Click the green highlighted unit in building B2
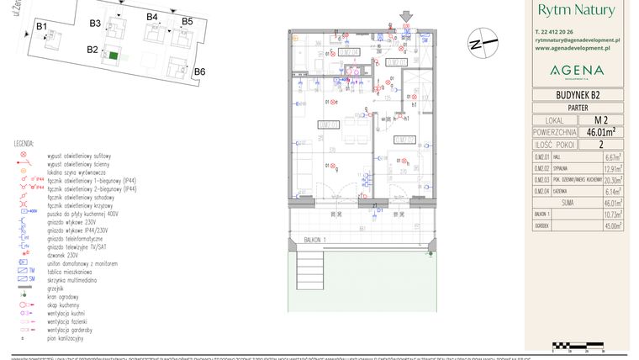pyautogui.click(x=114, y=56)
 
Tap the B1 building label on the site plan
pyautogui.click(x=41, y=27)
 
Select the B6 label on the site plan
pyautogui.click(x=199, y=71)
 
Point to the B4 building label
pyautogui.click(x=152, y=17)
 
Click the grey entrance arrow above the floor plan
pyautogui.click(x=407, y=16)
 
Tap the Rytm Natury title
pyautogui.click(x=576, y=10)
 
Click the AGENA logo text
pyautogui.click(x=576, y=70)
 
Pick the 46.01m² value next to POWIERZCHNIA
pyautogui.click(x=600, y=131)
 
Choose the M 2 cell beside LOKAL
pyautogui.click(x=600, y=119)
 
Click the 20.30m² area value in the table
pyautogui.click(x=611, y=179)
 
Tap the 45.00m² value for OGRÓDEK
pyautogui.click(x=611, y=225)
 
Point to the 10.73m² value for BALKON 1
pyautogui.click(x=611, y=214)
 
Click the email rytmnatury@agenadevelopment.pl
pyautogui.click(x=577, y=40)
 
